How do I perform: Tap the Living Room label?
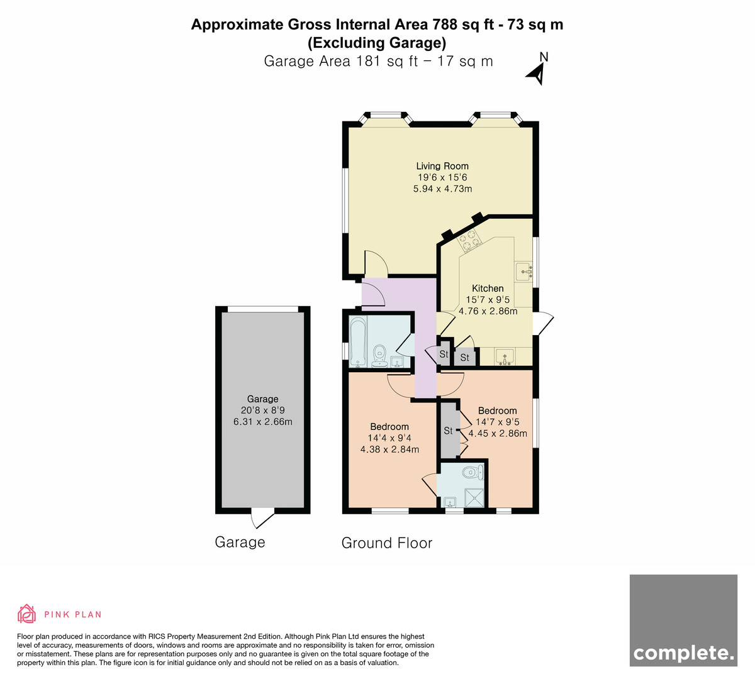tap(442, 166)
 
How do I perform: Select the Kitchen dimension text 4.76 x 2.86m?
tap(488, 311)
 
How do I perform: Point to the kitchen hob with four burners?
tap(469, 240)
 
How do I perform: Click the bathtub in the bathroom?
tap(358, 341)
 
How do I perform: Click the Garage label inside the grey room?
tap(263, 399)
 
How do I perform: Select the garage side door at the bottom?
tap(262, 518)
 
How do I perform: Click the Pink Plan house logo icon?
tap(26, 614)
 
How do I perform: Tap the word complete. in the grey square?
tap(683, 653)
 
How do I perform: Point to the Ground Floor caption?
tap(387, 543)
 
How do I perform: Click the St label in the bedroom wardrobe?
tap(448, 431)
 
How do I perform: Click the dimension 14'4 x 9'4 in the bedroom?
tap(389, 438)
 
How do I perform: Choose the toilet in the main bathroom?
tap(379, 356)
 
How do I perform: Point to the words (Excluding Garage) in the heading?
tap(377, 43)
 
